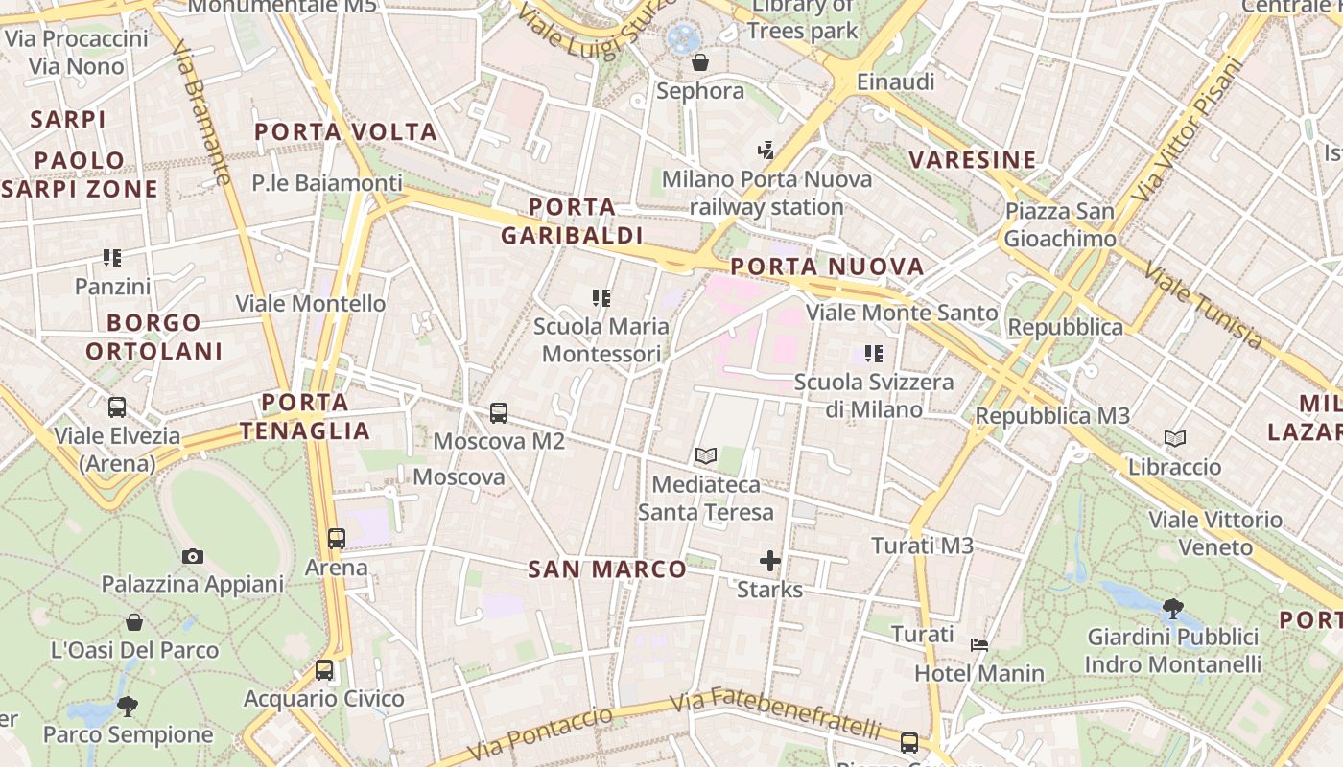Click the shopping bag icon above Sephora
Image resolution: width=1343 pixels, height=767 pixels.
(700, 62)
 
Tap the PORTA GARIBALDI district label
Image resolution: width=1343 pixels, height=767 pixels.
(572, 221)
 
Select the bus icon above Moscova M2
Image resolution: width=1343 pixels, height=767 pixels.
(499, 413)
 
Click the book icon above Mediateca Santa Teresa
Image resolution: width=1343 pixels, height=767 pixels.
(706, 456)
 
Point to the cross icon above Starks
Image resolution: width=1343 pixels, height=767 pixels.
(769, 561)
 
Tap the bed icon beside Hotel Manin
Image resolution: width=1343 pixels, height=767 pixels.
(978, 645)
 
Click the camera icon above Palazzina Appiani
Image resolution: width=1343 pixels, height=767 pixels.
(193, 556)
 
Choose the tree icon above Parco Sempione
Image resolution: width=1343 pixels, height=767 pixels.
(127, 708)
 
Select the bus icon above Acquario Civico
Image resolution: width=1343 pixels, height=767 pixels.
(324, 670)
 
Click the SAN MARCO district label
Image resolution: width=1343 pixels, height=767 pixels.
(607, 569)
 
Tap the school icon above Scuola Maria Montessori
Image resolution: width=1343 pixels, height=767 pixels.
(601, 298)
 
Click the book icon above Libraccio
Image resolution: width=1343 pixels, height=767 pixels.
(1175, 439)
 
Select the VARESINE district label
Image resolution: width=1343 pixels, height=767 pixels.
(973, 160)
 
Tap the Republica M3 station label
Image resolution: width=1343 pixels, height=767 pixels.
(1052, 416)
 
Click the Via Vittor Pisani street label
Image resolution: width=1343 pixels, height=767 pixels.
(1187, 131)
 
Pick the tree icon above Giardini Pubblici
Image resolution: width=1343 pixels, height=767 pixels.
(1172, 608)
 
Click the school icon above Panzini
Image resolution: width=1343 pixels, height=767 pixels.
(112, 258)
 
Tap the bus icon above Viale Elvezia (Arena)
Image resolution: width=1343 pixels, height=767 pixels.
(117, 407)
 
